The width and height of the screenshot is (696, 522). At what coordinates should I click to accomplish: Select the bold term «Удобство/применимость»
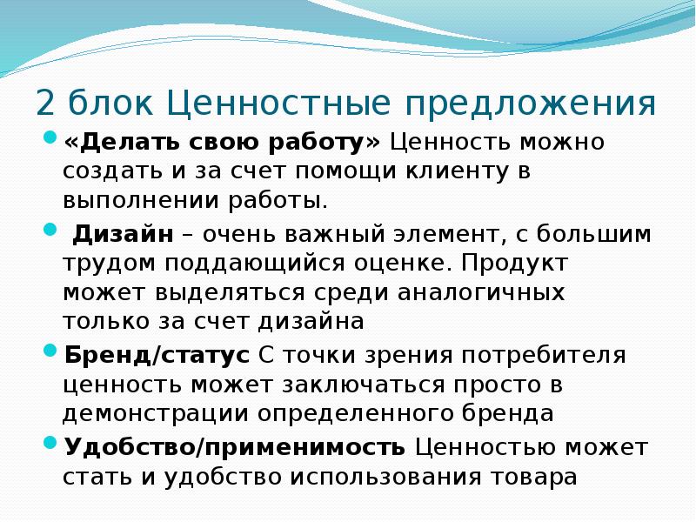234,447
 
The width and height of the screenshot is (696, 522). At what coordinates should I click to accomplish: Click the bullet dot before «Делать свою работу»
50,138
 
